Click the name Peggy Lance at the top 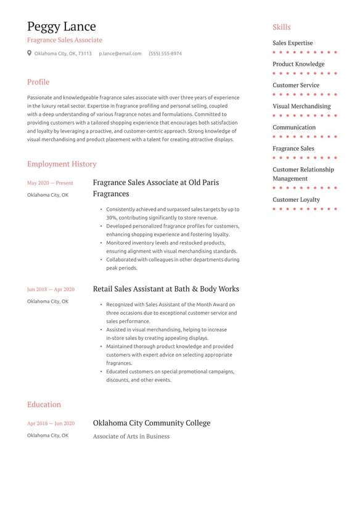61,27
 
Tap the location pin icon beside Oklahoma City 30,53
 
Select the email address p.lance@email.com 120,54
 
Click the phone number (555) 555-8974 165,54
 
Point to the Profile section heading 38,82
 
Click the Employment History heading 62,164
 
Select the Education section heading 44,405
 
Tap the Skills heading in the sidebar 282,27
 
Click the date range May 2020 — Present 50,183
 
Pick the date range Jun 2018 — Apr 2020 51,289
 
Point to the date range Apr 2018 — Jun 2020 51,424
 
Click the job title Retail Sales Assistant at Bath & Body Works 166,289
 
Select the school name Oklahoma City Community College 152,423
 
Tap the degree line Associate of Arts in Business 131,436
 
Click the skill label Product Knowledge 298,64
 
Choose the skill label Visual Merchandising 301,106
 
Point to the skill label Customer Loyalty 297,200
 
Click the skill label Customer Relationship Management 303,174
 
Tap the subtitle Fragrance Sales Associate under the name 65,40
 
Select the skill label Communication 294,128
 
